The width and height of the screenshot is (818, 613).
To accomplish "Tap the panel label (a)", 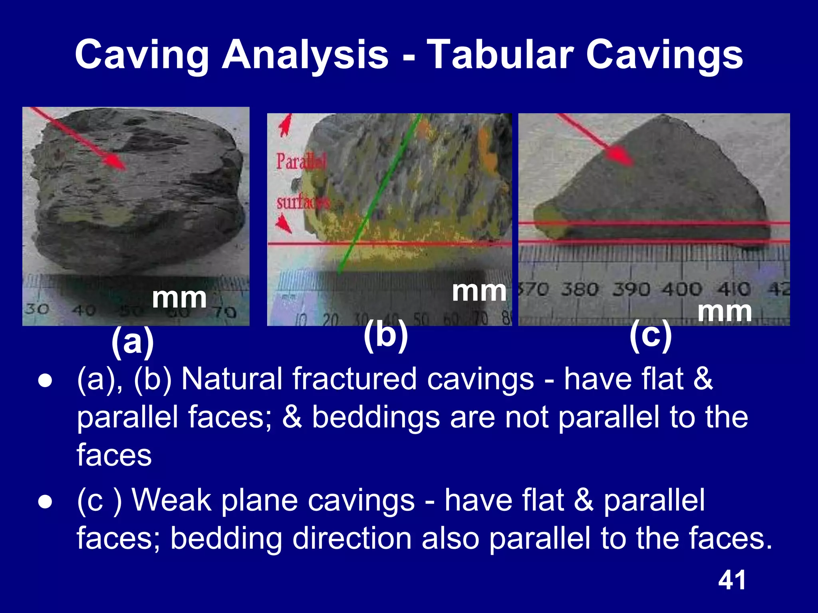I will pos(133,342).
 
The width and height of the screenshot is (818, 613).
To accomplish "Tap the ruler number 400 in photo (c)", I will pos(682,289).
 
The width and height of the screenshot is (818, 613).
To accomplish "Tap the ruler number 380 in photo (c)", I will pos(580,289).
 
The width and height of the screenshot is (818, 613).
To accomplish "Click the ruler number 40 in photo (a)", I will pos(83,310).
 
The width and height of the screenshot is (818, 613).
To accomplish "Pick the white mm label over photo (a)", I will pos(179,298).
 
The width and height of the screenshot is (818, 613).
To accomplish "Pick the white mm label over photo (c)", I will pos(725,311).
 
